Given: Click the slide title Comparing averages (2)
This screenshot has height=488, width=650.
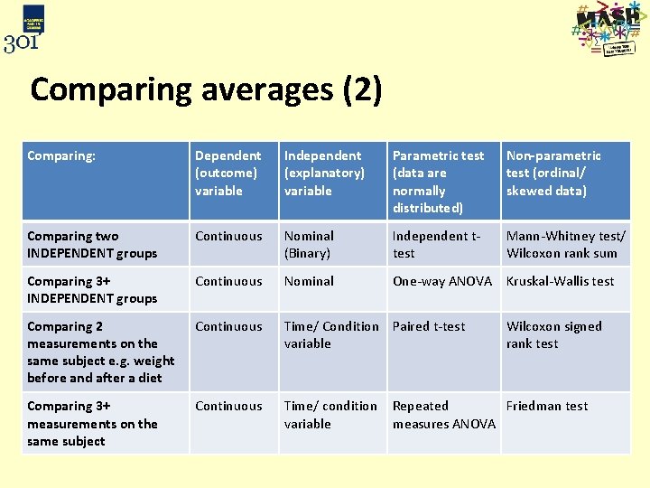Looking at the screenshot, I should pos(206,90).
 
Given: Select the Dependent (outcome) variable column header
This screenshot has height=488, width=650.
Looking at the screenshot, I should pos(227,173).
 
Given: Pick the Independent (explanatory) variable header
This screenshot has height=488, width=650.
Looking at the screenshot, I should pos(324,173).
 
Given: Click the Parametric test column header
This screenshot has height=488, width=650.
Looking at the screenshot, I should pos(439,181).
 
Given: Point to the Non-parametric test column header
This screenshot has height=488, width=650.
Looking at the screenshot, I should pos(553,173).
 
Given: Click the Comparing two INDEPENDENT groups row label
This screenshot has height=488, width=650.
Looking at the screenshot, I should pos(92,245).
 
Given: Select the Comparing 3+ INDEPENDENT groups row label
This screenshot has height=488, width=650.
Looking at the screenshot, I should pos(92,290).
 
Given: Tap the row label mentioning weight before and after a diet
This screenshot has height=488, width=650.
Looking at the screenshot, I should pos(101,352).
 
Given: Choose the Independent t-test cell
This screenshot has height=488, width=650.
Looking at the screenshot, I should pos(437,245).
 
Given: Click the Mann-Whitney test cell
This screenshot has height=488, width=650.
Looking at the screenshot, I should pos(566,245).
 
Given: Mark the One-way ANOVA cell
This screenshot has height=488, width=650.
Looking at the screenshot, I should pos(441,281).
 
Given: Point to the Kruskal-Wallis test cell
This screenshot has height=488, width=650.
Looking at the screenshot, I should pos(560,281).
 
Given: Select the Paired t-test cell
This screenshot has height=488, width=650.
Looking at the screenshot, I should pos(429,326).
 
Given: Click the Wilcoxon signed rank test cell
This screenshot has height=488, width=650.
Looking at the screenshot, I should pos(553,334).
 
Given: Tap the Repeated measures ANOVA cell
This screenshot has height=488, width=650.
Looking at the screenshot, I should pos(443,415).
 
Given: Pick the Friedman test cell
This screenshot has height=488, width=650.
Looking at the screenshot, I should pos(546,406).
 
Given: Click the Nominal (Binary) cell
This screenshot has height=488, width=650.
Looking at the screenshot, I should pos(309,245).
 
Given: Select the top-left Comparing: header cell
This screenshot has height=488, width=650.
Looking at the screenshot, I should pos(61,155).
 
